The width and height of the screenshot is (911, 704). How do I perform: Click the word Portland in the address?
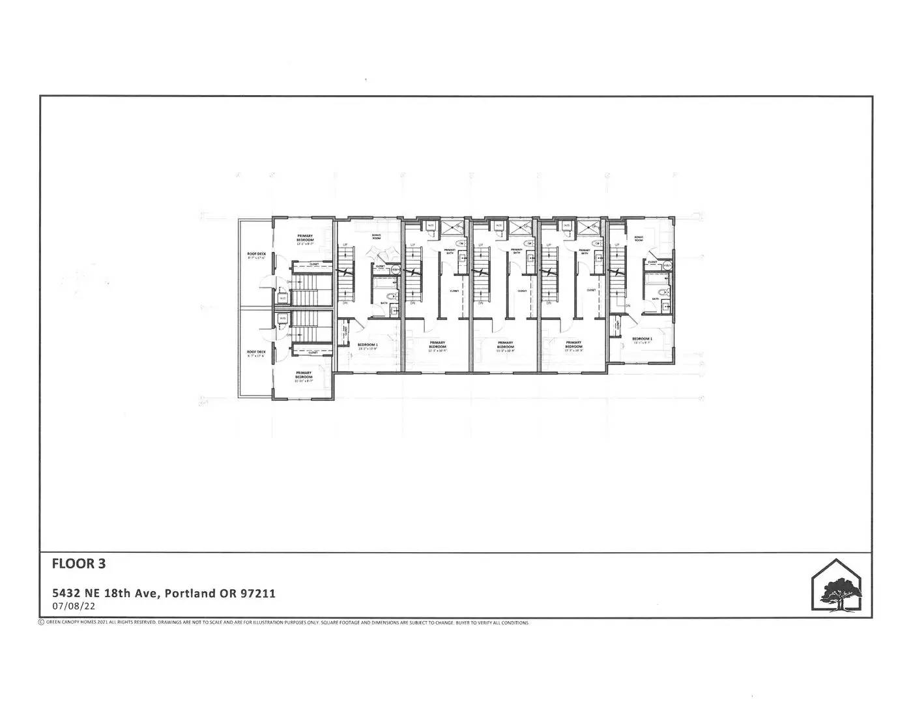point(191,593)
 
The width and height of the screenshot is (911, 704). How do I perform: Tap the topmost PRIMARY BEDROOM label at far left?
point(305,237)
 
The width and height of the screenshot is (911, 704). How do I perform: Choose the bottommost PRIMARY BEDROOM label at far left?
point(304,375)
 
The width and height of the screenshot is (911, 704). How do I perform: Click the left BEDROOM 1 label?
point(368,345)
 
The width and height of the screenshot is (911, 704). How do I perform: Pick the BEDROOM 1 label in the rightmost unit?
point(642,339)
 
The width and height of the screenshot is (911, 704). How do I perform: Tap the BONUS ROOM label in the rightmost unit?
point(639,239)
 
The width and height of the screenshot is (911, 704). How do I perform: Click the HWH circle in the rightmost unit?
point(667,266)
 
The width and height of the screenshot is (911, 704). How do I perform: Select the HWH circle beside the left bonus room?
point(395,268)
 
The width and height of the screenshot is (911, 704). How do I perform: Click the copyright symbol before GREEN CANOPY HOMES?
point(42,623)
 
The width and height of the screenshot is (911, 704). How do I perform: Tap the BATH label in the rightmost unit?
point(654,299)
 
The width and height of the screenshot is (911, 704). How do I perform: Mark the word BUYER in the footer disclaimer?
point(463,623)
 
